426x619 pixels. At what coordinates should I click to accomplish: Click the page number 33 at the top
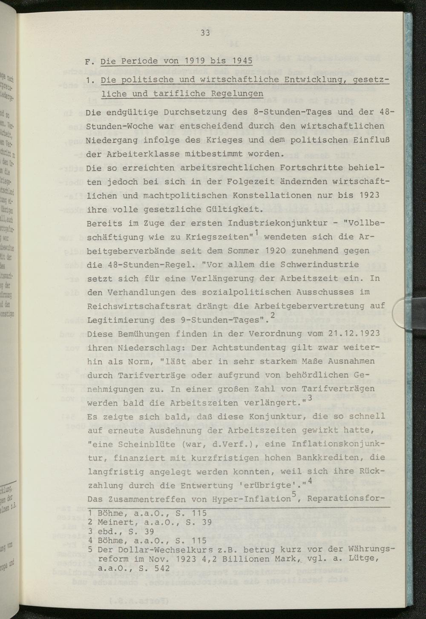coord(205,33)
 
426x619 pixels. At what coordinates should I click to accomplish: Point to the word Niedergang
coord(109,140)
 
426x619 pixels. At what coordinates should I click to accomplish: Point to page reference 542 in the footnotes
coord(162,568)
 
